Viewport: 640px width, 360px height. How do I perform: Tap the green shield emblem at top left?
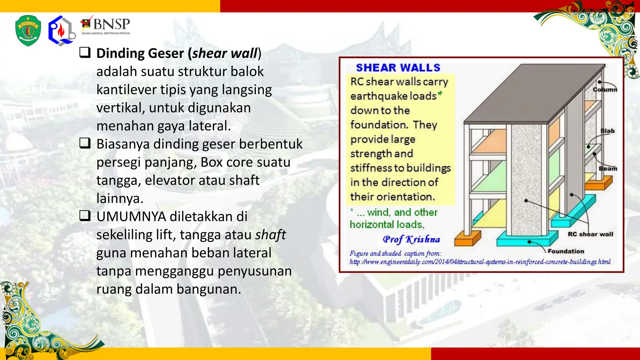[x=28, y=31]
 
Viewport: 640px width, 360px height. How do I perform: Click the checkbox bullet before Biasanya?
[x=85, y=143]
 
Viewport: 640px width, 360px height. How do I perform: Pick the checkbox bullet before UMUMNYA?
[x=85, y=215]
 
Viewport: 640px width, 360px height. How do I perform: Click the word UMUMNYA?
[x=131, y=217]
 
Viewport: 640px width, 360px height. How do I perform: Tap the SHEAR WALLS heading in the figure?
[x=398, y=68]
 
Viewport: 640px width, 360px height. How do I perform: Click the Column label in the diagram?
[x=605, y=90]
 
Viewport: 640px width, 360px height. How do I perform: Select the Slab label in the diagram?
[x=607, y=131]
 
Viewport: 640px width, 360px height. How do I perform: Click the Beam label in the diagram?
[x=608, y=168]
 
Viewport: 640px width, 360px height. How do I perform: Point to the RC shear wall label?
[x=590, y=234]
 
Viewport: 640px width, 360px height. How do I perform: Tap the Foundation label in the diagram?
[x=566, y=251]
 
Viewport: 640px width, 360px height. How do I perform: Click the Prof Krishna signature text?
[x=411, y=239]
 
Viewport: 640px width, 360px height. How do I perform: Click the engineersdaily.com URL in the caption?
[x=480, y=262]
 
